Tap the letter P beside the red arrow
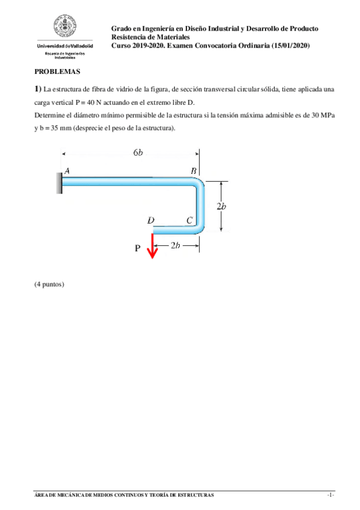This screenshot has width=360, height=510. click(138, 248)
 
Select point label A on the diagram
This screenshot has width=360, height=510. click(67, 171)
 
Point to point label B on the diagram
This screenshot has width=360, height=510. click(194, 171)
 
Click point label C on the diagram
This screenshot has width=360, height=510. click(189, 220)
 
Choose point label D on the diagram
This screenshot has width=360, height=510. click(151, 220)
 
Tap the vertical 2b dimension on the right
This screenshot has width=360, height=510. click(221, 206)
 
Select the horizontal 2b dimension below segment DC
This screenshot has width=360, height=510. click(175, 245)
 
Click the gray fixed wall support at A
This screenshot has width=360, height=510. click(59, 182)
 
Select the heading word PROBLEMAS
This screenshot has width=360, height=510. click(57, 71)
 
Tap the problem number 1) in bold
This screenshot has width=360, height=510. click(38, 89)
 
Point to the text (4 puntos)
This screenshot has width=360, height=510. click(49, 283)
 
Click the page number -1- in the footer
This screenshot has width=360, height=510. click(330, 495)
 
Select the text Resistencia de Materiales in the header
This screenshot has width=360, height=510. click(151, 37)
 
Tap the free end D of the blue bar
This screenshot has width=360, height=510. click(154, 229)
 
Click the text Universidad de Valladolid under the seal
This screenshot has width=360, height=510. click(65, 46)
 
